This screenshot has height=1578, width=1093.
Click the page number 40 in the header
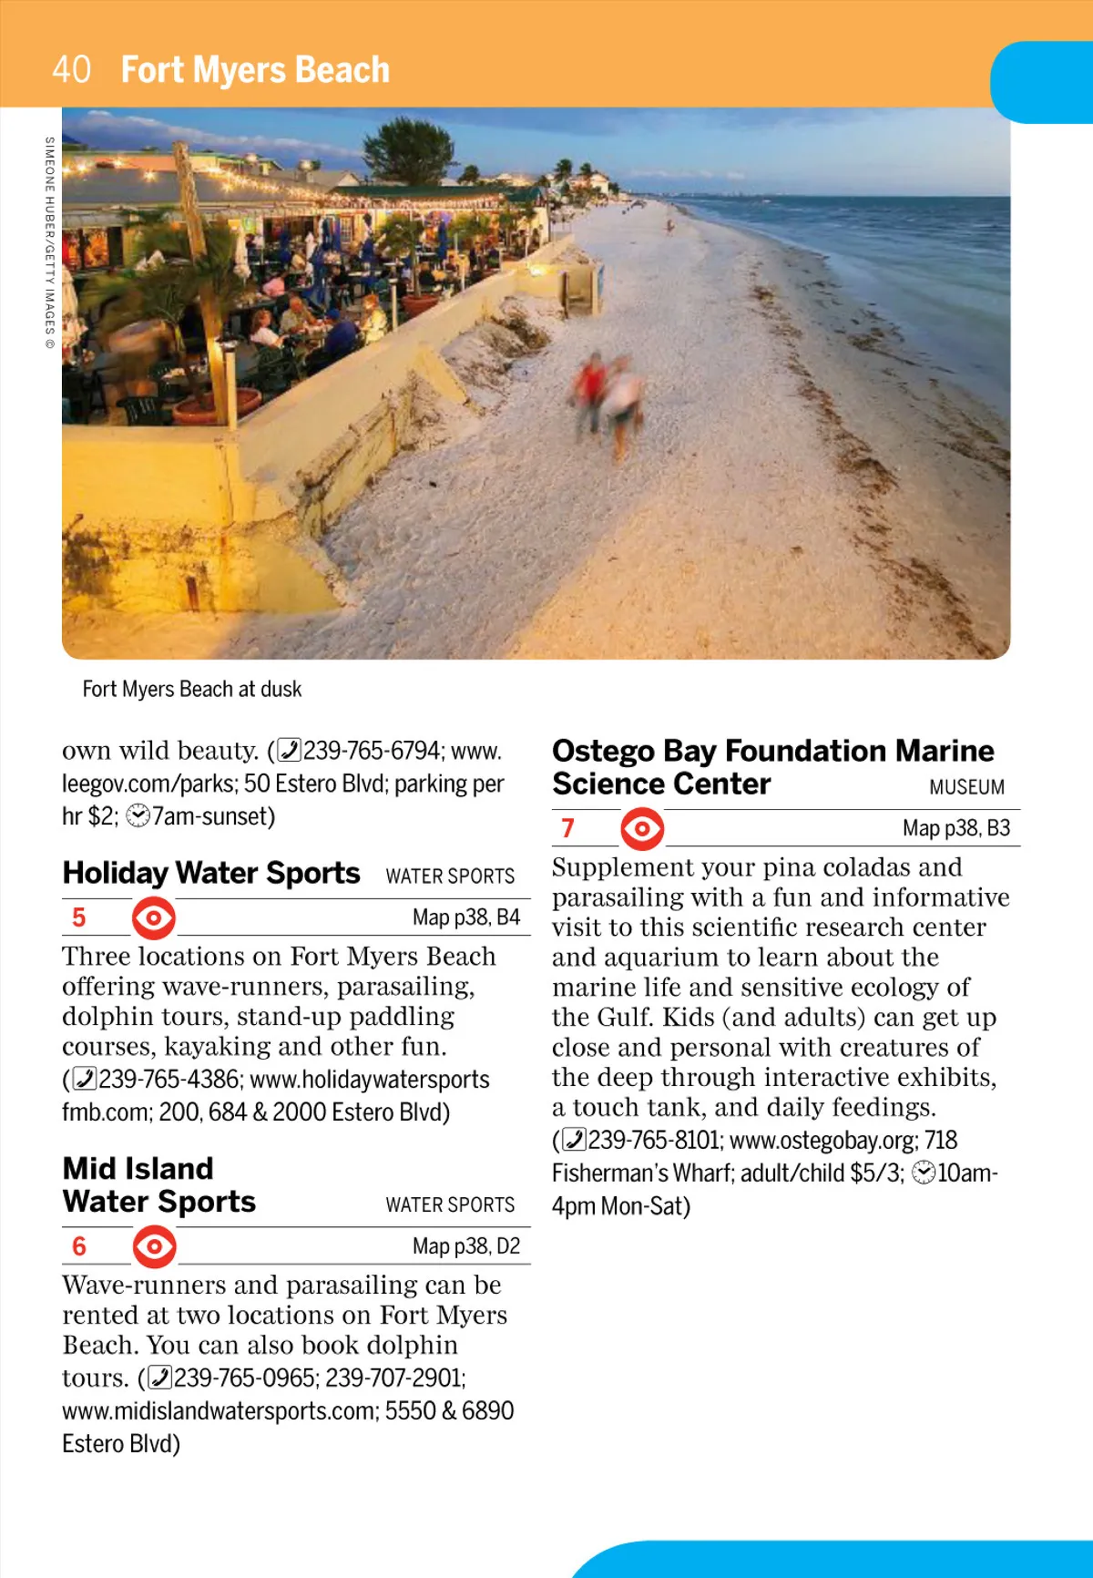pos(71,69)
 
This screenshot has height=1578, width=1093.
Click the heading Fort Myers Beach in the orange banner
pos(255,70)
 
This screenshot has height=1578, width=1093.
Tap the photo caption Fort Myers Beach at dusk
pos(191,689)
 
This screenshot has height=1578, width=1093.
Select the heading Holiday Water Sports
pos(211,873)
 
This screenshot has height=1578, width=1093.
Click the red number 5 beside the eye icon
pos(79,917)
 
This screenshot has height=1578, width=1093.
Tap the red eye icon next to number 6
pos(154,1246)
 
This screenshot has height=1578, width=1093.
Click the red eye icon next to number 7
pos(642,828)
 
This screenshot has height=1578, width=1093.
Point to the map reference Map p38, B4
pos(465,917)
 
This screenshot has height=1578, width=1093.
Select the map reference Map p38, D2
pos(465,1246)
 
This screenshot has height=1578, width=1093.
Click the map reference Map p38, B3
pos(955,828)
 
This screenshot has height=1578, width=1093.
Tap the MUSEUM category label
pos(966,787)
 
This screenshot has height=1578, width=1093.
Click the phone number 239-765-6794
pos(372,751)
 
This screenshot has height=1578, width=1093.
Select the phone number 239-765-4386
pos(169,1080)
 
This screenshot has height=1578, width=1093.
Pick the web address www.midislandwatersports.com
pos(219,1411)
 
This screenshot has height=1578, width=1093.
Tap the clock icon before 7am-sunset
pos(138,816)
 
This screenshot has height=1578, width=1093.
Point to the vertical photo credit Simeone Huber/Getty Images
pos(50,242)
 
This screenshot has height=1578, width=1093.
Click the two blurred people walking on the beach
pos(608,399)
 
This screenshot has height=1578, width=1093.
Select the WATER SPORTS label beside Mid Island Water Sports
pos(450,1204)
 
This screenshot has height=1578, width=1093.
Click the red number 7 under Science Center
pos(568,828)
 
